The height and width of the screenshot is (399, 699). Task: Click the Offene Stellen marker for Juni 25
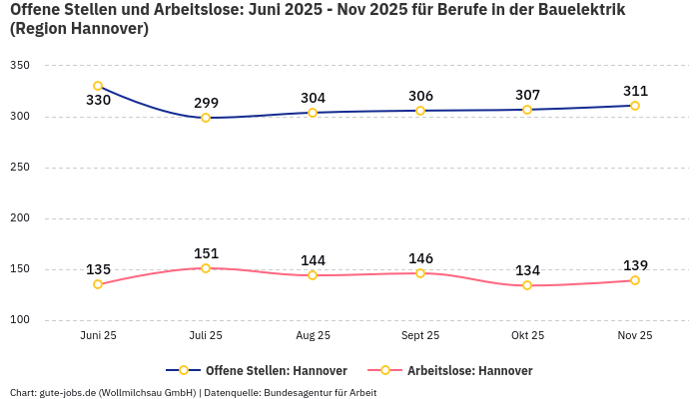coord(98,86)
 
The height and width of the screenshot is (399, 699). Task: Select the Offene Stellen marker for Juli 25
coord(206,118)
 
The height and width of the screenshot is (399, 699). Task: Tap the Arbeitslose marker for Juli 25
coord(206,268)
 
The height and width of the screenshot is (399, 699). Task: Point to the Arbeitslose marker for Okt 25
coord(527,285)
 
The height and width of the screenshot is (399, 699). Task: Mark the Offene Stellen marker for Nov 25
coord(635,106)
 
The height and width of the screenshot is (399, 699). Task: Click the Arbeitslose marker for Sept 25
coord(420,273)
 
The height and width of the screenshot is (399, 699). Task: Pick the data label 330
coord(98,101)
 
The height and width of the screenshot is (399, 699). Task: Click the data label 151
coord(206,253)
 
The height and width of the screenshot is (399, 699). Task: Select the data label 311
coord(635,91)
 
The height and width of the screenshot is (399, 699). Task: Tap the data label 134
coord(527,270)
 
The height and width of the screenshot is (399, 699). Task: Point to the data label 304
coord(313,98)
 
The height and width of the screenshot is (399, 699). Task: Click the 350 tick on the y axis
coord(20,66)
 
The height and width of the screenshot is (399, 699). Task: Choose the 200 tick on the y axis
coord(20,218)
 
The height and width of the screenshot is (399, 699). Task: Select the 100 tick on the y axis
coord(20,320)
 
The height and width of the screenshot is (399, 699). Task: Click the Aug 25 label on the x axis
coord(313,336)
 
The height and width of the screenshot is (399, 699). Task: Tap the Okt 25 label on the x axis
coord(527,336)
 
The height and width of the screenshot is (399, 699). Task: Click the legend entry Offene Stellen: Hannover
coord(262,370)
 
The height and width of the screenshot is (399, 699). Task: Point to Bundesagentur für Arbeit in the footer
coord(320,392)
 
